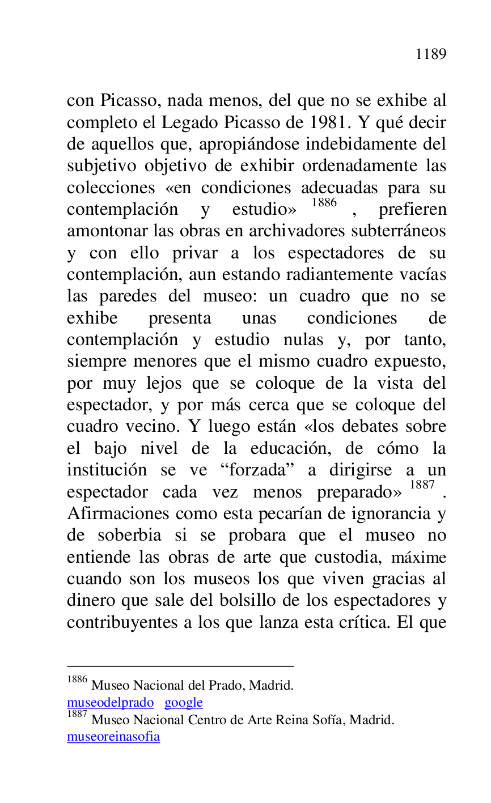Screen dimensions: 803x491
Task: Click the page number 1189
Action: pos(431,54)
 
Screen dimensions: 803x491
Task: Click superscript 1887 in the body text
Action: pos(422,485)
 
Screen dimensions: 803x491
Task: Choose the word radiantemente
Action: pos(340,274)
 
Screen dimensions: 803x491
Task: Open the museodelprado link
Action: pos(110,703)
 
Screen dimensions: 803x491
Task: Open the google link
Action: pos(184,703)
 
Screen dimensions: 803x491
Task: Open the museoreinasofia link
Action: pos(113,737)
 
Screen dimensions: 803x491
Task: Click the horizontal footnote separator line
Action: pos(180,666)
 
